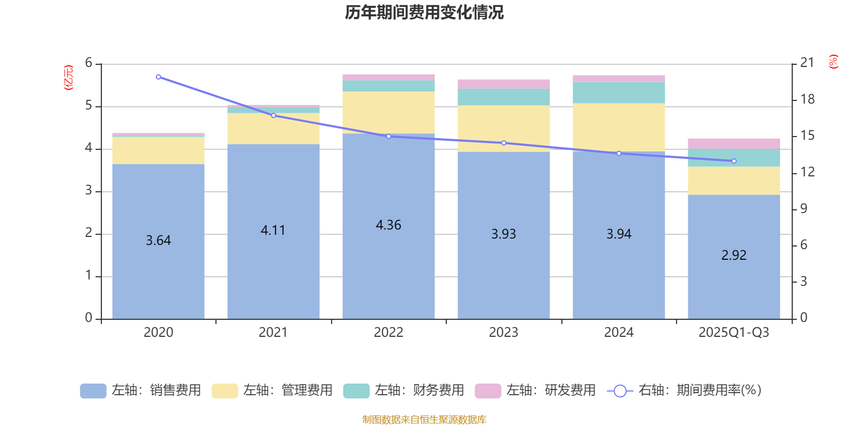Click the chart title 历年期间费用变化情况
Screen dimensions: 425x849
coord(424,12)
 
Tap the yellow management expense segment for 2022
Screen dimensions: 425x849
coord(388,112)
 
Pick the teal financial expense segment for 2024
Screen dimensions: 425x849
coord(619,93)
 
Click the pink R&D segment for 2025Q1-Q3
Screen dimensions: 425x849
coord(734,143)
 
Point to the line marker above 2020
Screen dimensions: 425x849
coord(159,77)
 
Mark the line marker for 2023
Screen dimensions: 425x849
coord(504,143)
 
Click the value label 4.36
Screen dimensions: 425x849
coord(388,225)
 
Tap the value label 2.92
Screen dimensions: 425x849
coord(734,256)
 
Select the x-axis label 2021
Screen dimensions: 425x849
coord(273,333)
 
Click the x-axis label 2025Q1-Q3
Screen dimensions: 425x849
coord(734,333)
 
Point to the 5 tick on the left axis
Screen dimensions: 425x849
coord(89,106)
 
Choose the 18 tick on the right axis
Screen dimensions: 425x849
coord(808,99)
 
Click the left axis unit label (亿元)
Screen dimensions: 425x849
coord(68,78)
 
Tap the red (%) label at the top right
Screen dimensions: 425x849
coord(834,62)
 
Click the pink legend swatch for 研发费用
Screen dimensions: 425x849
coord(488,391)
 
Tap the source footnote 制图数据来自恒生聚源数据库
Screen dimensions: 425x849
coord(424,420)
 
